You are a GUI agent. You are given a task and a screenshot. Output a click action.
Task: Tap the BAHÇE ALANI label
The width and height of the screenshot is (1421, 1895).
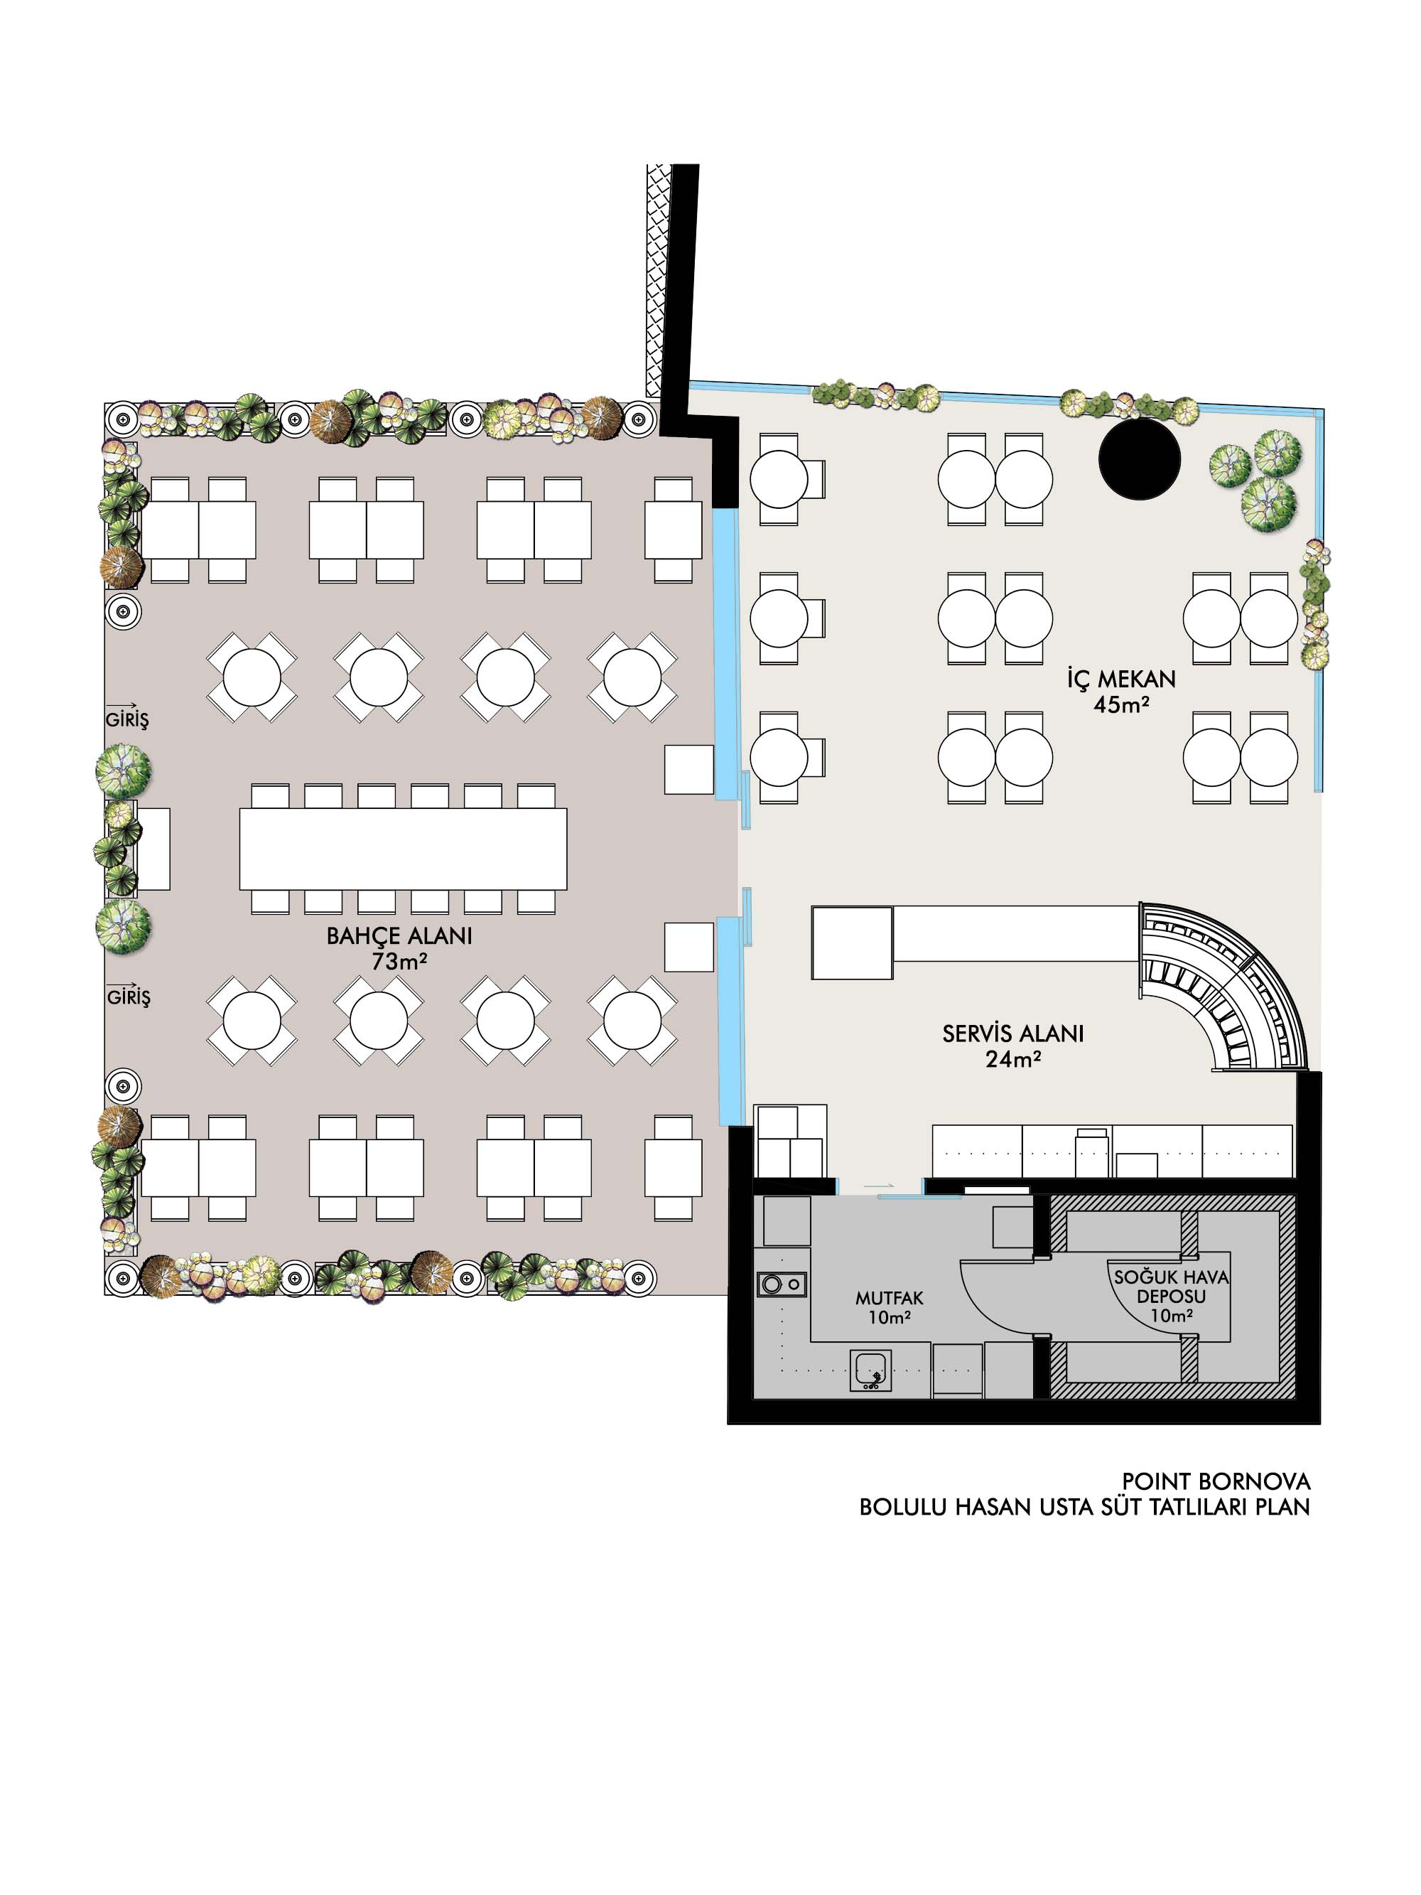tap(399, 935)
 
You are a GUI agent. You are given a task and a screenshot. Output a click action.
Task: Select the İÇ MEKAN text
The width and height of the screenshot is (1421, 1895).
tap(1120, 679)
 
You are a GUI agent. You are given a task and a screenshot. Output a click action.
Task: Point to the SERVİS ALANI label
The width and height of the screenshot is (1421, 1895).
tap(1012, 1034)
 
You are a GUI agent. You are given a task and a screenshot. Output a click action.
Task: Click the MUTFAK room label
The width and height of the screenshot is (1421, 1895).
tap(889, 1298)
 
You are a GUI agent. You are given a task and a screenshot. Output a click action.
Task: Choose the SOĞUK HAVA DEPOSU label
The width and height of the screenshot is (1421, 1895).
tap(1171, 1286)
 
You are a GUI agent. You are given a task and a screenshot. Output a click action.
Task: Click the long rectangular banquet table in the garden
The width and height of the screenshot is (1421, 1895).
tap(403, 848)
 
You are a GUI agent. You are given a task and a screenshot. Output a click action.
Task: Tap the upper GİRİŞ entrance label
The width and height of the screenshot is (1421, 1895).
tap(126, 718)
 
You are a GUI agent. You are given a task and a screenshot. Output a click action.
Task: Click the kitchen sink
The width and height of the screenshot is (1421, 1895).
tap(871, 1370)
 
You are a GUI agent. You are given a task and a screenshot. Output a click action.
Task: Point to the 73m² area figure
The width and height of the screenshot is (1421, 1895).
tap(399, 961)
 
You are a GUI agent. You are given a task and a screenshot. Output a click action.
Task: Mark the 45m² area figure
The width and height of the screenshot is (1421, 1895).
tap(1120, 704)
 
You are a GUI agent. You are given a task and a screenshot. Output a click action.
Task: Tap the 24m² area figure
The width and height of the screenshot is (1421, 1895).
tap(1012, 1059)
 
